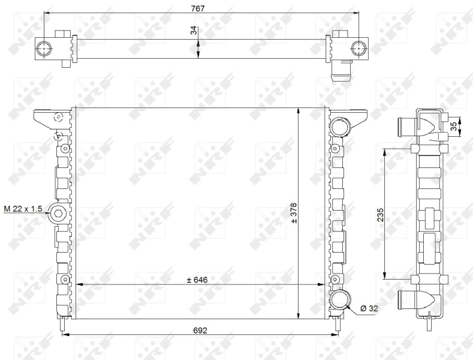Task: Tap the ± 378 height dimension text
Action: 294,212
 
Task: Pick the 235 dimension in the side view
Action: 380,214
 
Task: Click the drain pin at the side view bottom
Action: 429,323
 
